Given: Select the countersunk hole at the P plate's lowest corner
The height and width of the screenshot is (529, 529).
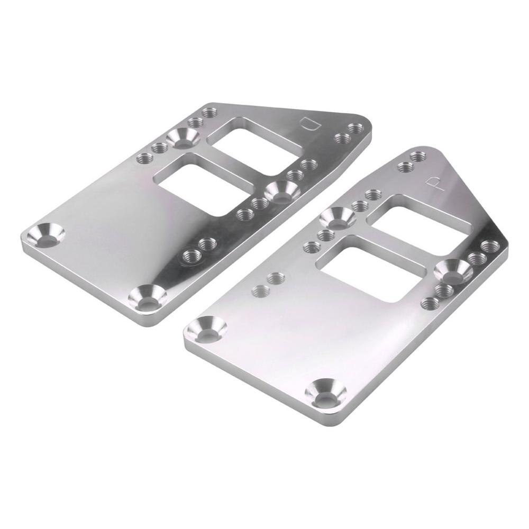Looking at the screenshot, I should [x=327, y=391].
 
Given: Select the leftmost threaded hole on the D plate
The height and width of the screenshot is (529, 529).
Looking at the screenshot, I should [x=143, y=158].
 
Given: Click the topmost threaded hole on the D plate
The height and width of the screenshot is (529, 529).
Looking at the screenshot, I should [x=207, y=113].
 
